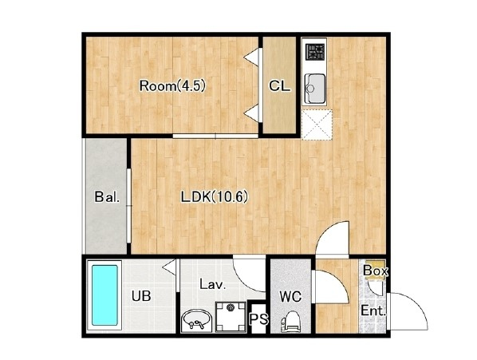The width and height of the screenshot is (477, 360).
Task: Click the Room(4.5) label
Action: click(x=172, y=86)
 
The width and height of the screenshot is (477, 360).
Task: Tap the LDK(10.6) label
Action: click(x=215, y=197)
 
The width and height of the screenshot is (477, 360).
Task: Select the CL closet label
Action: click(x=279, y=86)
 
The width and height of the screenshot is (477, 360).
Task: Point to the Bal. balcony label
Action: click(x=107, y=197)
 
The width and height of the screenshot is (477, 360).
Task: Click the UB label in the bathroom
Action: click(x=141, y=295)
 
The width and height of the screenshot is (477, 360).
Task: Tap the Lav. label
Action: click(x=213, y=284)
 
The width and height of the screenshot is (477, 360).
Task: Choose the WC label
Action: click(x=290, y=296)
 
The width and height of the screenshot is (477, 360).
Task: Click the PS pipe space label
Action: click(x=259, y=319)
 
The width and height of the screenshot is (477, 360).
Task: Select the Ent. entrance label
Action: click(x=373, y=311)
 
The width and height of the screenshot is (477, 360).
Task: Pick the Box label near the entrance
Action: click(x=376, y=271)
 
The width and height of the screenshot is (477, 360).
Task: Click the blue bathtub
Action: click(x=104, y=295)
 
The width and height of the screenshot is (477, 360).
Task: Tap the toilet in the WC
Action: click(x=290, y=322)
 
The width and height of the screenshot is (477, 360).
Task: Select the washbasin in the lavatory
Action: click(x=195, y=321)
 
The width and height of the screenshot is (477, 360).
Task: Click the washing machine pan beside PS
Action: click(x=231, y=317)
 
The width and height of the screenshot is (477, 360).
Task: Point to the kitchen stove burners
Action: click(x=315, y=52)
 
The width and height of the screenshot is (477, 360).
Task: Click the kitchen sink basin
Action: click(x=314, y=89)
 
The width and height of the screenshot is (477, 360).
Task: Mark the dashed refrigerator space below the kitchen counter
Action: click(x=317, y=125)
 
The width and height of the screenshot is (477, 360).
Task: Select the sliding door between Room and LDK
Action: click(x=215, y=136)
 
